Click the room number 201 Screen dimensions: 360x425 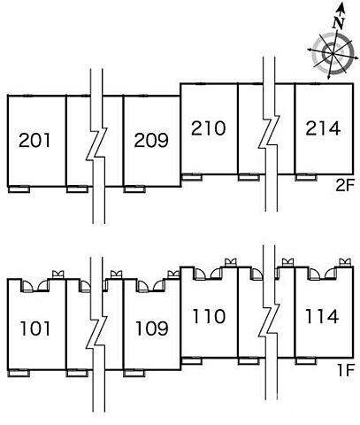pos(34,140)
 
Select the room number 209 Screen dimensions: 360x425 pos(151,140)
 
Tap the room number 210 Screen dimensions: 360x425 pos(208,128)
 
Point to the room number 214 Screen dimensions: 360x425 pos(323,128)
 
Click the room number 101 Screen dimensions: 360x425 pos(35,328)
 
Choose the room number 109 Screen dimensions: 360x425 pos(151,328)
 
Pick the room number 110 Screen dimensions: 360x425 pos(209,316)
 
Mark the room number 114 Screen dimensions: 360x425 pos(322,316)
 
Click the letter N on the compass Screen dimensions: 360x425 pos(339,23)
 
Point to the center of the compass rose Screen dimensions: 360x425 pos(333,53)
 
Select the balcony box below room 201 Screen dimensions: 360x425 pos(19,189)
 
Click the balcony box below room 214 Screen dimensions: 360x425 pos(306,177)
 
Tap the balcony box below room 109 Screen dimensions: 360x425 pos(134,373)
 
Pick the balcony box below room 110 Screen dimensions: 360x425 pos(192,360)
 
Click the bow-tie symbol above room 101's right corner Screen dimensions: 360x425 pos(58,274)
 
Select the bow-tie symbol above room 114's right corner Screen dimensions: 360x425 pos(345,262)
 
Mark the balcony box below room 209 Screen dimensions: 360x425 pos(134,189)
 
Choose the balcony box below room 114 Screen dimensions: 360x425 pos(306,360)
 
